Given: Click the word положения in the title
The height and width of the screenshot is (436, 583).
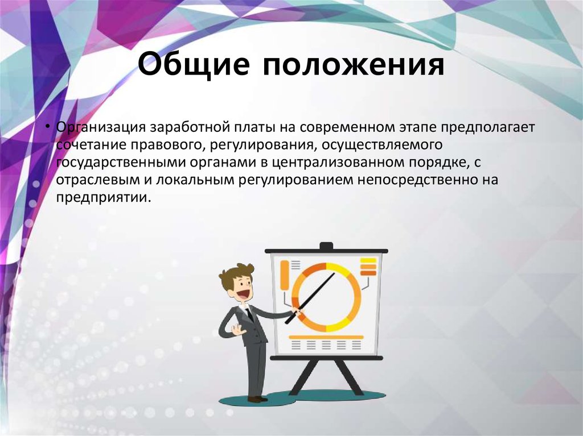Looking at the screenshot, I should coord(354,66).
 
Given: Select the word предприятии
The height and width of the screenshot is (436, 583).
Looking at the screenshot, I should coord(104,199).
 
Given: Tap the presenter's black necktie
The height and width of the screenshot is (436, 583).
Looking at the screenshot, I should coord(250,316).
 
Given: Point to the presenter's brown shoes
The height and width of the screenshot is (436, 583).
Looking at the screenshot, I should coord(257,399).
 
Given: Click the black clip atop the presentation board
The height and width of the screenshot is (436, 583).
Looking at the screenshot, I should coord(326,246).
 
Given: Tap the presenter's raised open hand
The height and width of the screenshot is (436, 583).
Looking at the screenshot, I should coord(235,330).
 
